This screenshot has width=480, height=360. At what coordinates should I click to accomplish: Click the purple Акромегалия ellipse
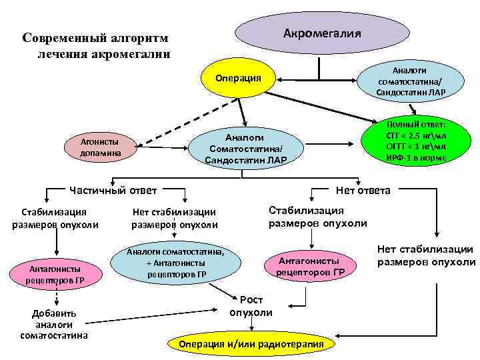pos(322,33)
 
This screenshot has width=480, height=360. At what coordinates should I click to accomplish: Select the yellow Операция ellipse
pos(238,79)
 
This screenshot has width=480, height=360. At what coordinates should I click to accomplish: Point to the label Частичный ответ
pos(113,190)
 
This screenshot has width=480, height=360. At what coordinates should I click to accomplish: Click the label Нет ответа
pos(363,190)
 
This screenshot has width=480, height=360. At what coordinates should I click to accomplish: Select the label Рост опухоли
pos(251,306)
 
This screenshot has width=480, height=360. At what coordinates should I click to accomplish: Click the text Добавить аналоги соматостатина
pos(54,324)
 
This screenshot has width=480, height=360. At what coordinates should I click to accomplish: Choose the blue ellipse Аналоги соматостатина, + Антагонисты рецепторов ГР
pos(176,264)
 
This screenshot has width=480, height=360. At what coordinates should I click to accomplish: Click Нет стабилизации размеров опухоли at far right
pos(427,255)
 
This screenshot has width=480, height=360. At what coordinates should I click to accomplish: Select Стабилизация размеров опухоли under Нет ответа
pos(317,217)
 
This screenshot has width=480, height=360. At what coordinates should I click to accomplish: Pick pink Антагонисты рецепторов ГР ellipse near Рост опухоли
pos(310,266)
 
